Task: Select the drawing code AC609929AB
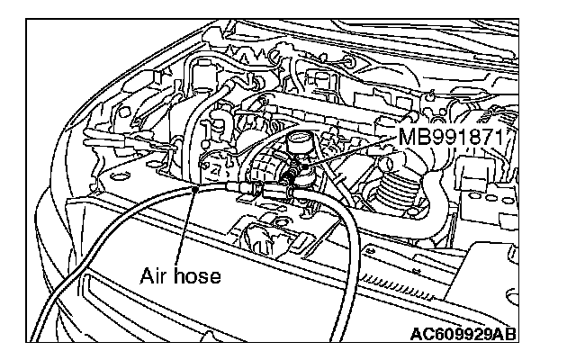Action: [x=463, y=336]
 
